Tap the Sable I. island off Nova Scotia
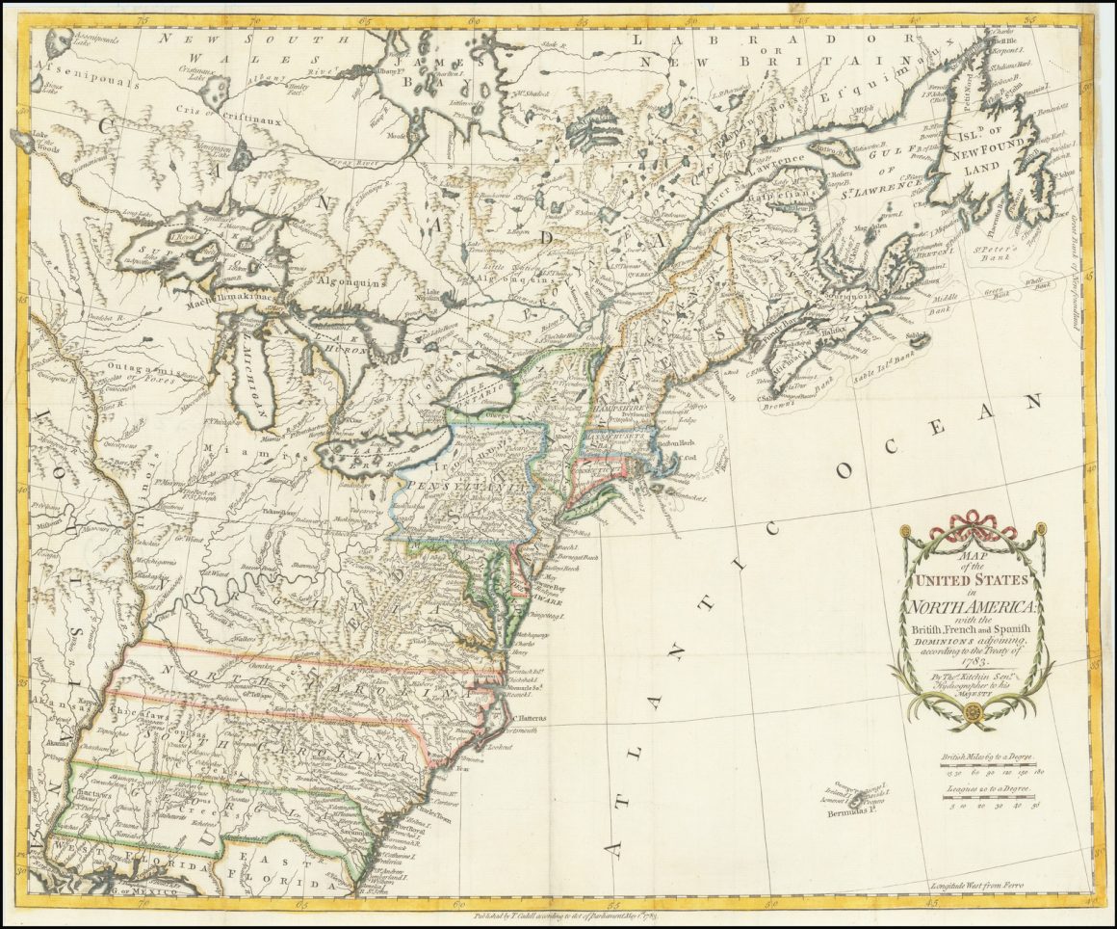point(917,339)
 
